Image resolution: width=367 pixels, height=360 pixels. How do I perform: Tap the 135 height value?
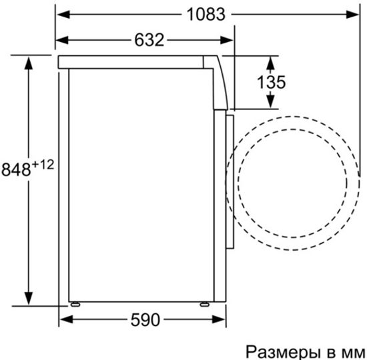271,82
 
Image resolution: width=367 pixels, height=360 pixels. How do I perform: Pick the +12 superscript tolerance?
42,163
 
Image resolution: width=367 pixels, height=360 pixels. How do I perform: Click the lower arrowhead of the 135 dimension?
271,101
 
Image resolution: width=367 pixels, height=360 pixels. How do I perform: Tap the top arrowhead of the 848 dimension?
28,62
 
